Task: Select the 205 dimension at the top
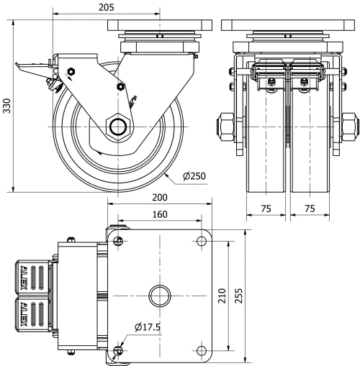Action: (106, 7)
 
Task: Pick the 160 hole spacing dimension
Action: (159, 214)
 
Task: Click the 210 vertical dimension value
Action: (222, 296)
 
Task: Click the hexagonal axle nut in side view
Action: (117, 127)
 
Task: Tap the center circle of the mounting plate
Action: (158, 296)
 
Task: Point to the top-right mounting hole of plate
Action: (200, 240)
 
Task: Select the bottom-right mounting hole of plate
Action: (200, 351)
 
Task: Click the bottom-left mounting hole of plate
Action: (118, 351)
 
